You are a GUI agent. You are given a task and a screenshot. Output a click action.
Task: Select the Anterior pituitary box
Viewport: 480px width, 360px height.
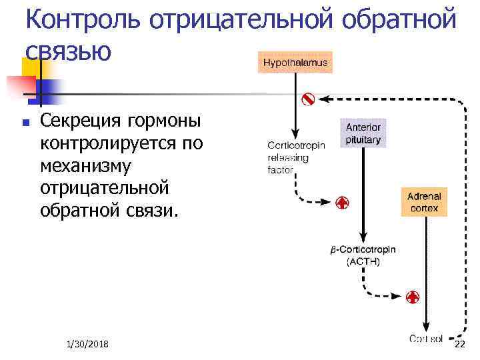click(363, 133)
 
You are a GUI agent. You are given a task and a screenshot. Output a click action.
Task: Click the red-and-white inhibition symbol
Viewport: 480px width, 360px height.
click(308, 99)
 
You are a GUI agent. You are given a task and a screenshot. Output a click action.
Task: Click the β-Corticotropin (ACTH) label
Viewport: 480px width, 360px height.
click(363, 256)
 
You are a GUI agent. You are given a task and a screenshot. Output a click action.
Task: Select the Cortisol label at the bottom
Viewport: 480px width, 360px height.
click(426, 339)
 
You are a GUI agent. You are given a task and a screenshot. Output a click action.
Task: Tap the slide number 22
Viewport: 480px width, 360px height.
click(459, 343)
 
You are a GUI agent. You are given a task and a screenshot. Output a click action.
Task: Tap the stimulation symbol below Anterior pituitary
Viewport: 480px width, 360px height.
click(341, 202)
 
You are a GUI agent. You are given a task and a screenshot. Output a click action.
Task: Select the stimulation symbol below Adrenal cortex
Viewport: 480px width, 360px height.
click(413, 296)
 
